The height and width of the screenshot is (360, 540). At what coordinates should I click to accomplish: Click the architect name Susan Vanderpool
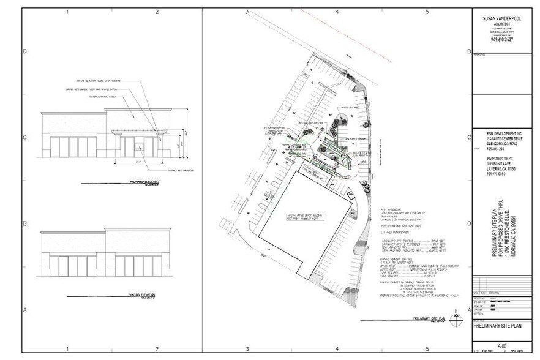click(x=501, y=19)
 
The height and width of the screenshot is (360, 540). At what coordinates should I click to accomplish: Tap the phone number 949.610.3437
click(x=501, y=40)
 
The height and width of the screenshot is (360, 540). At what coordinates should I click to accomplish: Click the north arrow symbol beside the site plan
click(x=454, y=318)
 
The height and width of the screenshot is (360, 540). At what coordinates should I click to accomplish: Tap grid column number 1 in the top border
click(x=67, y=12)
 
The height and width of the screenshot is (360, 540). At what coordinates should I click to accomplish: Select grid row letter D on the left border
click(x=25, y=51)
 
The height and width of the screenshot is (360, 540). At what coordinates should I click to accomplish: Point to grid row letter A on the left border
click(x=25, y=310)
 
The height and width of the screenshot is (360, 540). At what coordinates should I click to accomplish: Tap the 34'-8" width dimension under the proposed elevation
click(x=138, y=162)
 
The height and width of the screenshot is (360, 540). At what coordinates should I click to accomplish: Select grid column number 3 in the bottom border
click(x=247, y=348)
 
